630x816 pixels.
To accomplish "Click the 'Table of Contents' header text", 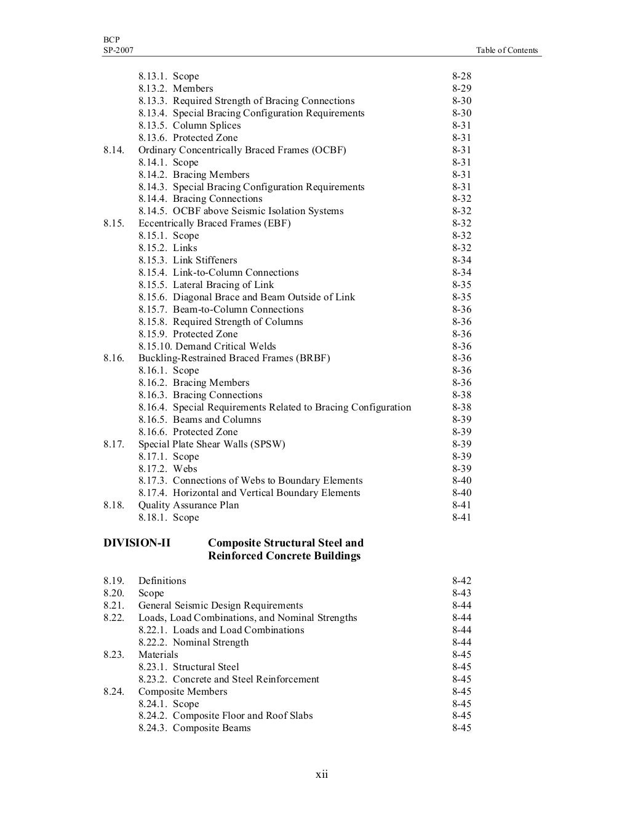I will pos(506,50).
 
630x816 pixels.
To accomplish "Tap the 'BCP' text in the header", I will pos(111,39).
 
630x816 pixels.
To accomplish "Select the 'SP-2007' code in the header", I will pos(118,50).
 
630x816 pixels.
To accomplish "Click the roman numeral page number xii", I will pos(322,774).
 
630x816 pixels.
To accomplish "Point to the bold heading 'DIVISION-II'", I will pos(137,543).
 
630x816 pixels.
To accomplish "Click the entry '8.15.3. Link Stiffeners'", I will pos(188,260).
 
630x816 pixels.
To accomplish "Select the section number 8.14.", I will pos(113,150).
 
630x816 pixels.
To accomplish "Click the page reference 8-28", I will pos(461,76).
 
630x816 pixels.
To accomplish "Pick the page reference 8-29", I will pos(461,89).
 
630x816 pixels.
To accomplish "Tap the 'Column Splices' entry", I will pos(207,126).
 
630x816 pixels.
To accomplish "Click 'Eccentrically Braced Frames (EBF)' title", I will pos(214,223).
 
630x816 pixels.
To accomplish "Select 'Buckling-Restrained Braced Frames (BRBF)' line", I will pos(234,358).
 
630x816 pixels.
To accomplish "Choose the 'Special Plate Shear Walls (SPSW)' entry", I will pos(212,444).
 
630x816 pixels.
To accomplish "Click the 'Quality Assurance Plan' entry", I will pos(188,505).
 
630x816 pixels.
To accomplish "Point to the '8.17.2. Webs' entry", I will pos(168,469).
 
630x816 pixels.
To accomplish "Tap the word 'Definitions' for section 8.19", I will pos(162,581).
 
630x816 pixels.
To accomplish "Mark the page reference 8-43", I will pos(461,593).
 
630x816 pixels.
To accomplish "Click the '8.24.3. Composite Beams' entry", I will pos(194,728).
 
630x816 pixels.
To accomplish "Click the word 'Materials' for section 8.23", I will pos(158,655).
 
